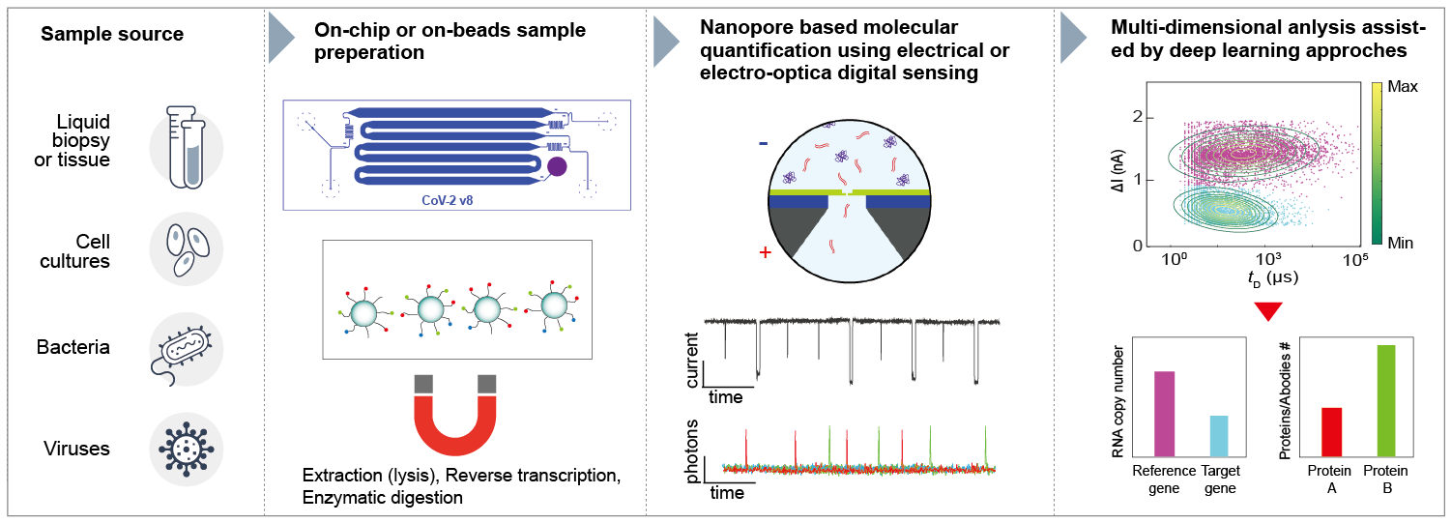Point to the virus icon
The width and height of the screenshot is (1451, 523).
(x=186, y=449)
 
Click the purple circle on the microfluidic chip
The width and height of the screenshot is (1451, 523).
(x=557, y=167)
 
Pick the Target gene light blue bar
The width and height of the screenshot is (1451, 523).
(x=1219, y=435)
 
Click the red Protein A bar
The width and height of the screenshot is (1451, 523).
(x=1331, y=431)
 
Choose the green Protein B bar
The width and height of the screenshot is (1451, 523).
(x=1386, y=400)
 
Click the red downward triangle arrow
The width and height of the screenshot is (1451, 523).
(x=1267, y=312)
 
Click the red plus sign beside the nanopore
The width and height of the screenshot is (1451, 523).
(x=766, y=253)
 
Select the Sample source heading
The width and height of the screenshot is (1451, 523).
(x=112, y=36)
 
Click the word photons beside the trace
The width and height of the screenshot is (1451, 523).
(x=693, y=450)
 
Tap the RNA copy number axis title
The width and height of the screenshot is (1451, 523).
(x=1119, y=397)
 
